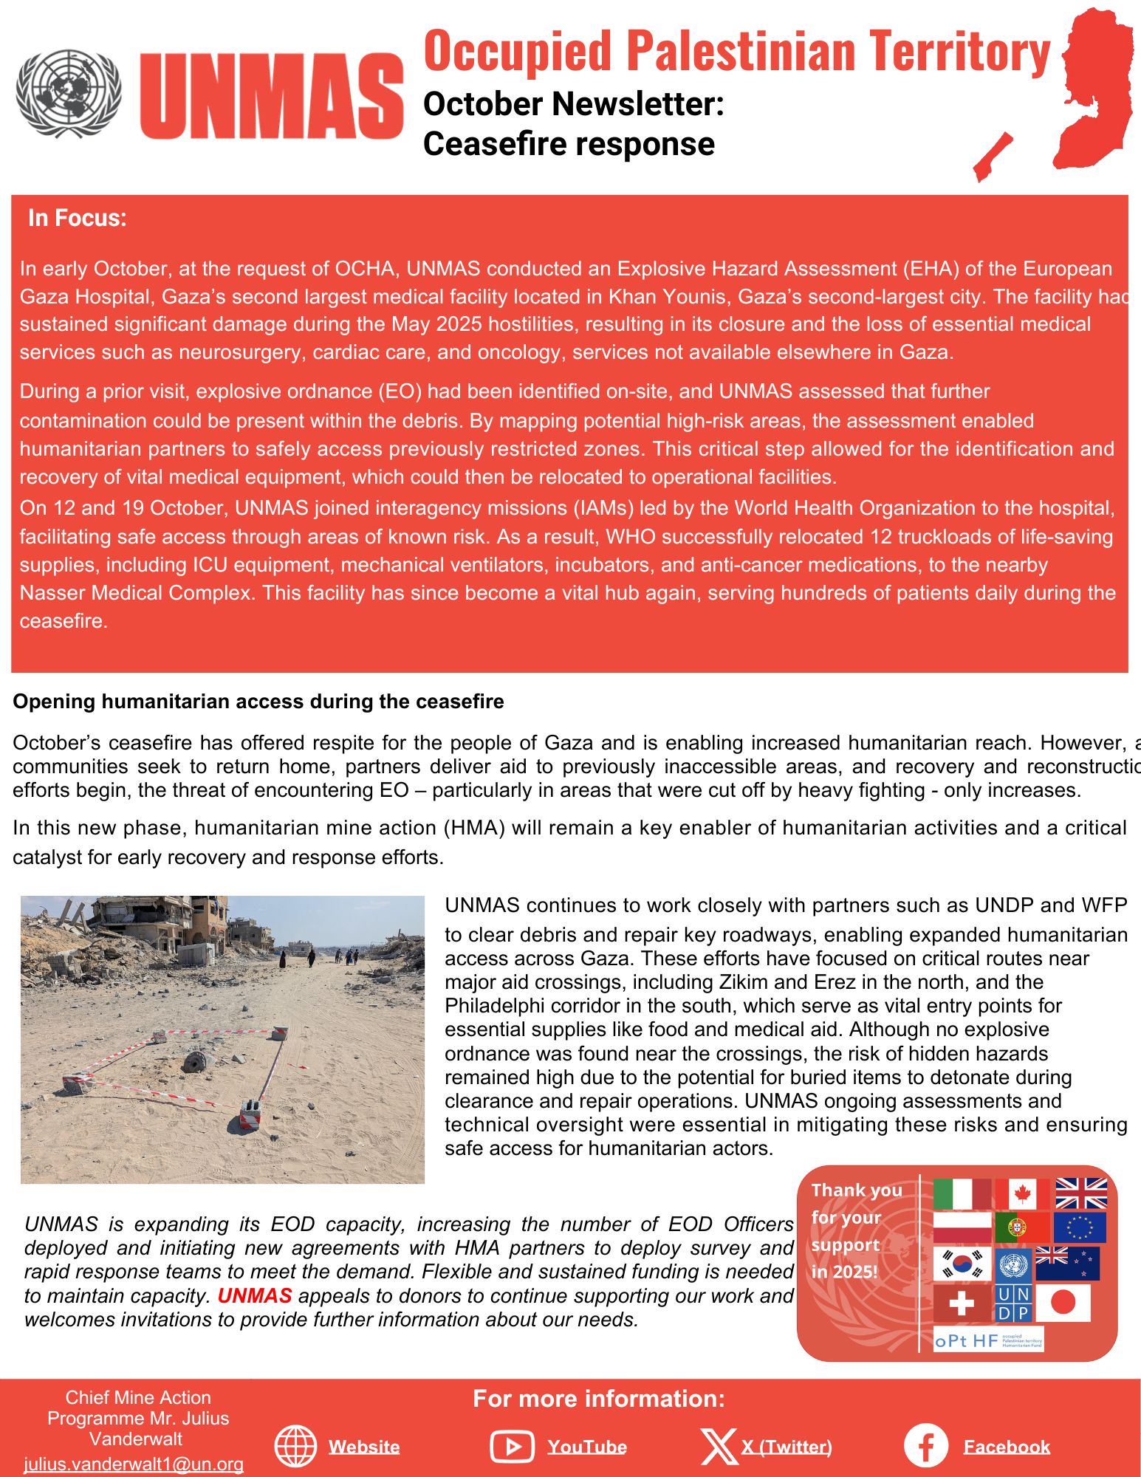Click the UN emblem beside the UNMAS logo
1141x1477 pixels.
click(69, 93)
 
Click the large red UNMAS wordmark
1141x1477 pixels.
click(271, 96)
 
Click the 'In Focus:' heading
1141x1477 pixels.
click(78, 218)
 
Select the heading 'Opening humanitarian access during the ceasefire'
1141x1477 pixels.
click(258, 702)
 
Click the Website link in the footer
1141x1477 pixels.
click(364, 1447)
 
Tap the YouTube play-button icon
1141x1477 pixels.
click(511, 1446)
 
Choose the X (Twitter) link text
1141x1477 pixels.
click(787, 1447)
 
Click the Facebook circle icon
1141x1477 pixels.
click(925, 1446)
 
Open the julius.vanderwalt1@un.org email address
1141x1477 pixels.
click(134, 1464)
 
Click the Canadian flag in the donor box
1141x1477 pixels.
click(1022, 1193)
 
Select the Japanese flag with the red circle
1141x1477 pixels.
click(1063, 1303)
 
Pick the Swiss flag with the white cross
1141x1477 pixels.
click(961, 1303)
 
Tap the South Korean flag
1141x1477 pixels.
click(962, 1264)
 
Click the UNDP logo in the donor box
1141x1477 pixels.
click(1012, 1303)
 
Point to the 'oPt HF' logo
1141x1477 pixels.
click(988, 1340)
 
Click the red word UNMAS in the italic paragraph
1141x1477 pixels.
click(255, 1295)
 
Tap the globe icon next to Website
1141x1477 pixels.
click(295, 1446)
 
